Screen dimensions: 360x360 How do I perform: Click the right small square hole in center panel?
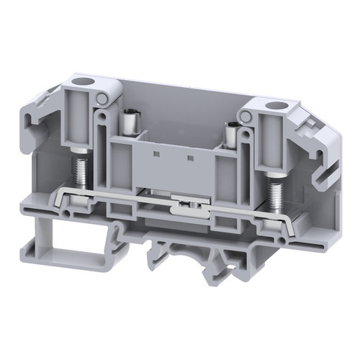tap(189, 156)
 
